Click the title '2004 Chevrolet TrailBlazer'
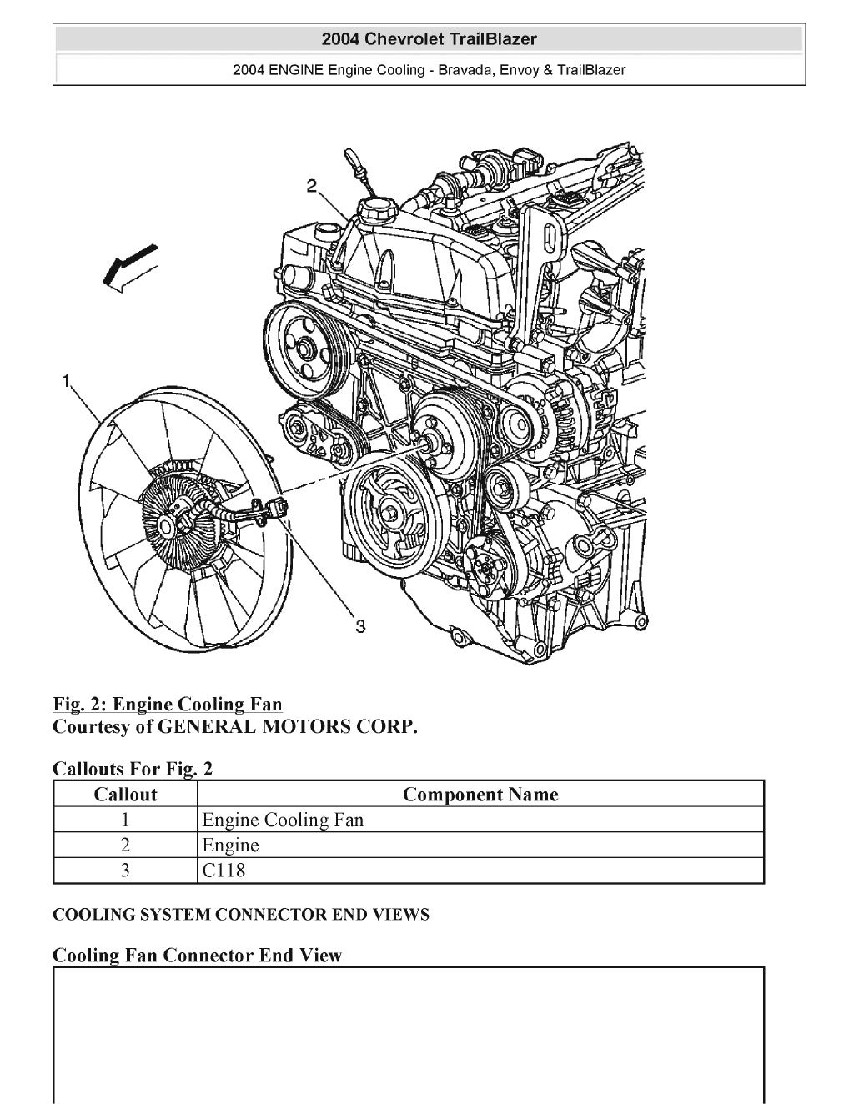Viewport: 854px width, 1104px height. click(x=429, y=39)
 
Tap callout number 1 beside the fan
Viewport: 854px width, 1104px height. click(x=65, y=381)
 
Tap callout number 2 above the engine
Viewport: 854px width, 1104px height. click(x=311, y=185)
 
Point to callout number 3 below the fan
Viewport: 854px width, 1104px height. click(x=360, y=625)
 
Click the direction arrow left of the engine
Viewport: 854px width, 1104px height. click(x=129, y=268)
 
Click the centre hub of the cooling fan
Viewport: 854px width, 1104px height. click(x=167, y=525)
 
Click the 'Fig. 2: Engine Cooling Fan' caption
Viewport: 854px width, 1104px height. click(x=167, y=705)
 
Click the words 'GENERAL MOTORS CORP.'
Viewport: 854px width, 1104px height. click(x=287, y=726)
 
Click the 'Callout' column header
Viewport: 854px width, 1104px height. click(x=125, y=794)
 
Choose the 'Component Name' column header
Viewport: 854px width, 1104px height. click(x=480, y=794)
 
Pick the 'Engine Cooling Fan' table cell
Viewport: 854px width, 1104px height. click(x=283, y=820)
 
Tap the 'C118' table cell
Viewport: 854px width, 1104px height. click(x=224, y=871)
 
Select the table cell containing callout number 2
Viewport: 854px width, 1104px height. click(x=125, y=845)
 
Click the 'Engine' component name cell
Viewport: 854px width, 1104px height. click(x=231, y=845)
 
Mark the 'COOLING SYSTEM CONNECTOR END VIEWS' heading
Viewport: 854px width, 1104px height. click(x=240, y=915)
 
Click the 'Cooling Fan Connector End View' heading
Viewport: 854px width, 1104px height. click(x=197, y=955)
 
